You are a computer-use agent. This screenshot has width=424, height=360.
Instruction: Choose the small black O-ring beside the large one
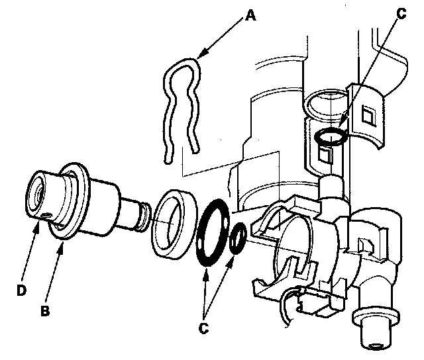(x=238, y=239)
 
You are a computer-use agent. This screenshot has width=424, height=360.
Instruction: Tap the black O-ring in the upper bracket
(x=329, y=137)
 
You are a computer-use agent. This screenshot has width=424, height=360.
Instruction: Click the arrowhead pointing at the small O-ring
(x=233, y=252)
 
